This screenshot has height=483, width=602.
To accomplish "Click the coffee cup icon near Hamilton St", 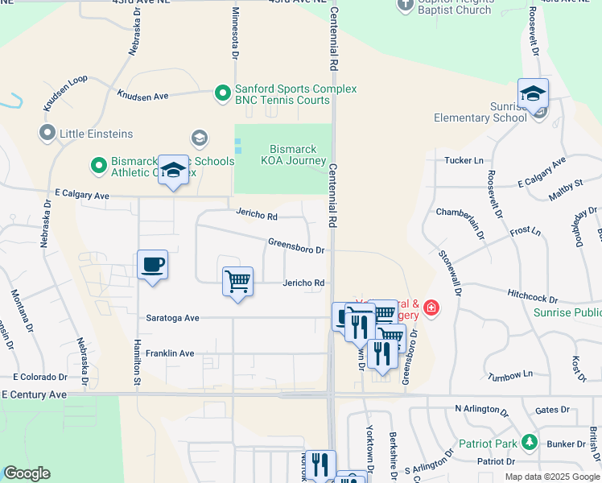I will pos(152,264).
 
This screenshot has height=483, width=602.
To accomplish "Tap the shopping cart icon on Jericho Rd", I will pos(237,281).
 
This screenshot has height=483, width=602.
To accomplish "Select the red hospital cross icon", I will pos(432,308).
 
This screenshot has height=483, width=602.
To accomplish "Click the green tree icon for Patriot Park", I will pos(529,442).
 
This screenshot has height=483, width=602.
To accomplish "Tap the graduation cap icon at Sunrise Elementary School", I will pos(533,93).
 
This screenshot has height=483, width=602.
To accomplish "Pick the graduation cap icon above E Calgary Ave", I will pos(173,170).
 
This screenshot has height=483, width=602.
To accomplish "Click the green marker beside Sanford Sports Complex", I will pos(223,94).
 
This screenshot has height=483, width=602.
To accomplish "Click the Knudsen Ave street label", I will pos(142,96).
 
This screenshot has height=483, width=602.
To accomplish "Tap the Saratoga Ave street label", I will pos(172,318).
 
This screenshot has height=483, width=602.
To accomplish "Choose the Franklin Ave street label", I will pos(169,353).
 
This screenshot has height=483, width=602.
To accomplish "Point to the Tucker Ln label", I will pos(464,161).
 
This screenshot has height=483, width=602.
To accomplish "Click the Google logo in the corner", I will pos(27,473).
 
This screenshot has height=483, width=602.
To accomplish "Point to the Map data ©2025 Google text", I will pos(551,477).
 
